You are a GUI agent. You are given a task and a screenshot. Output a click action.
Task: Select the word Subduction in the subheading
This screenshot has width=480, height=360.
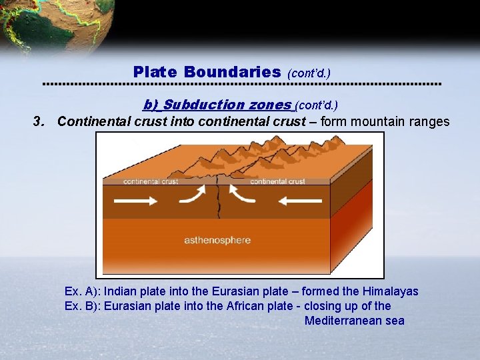204,105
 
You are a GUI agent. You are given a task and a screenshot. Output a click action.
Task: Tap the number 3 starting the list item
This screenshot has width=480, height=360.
38,121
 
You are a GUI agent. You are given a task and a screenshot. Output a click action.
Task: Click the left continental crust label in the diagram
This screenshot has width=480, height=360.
150,181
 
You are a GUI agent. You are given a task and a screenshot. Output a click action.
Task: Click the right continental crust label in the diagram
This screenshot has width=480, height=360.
277,181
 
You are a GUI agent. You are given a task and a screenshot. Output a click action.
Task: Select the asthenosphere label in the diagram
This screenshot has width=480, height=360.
217,240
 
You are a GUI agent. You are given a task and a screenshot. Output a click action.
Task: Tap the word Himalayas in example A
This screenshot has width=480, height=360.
391,291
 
